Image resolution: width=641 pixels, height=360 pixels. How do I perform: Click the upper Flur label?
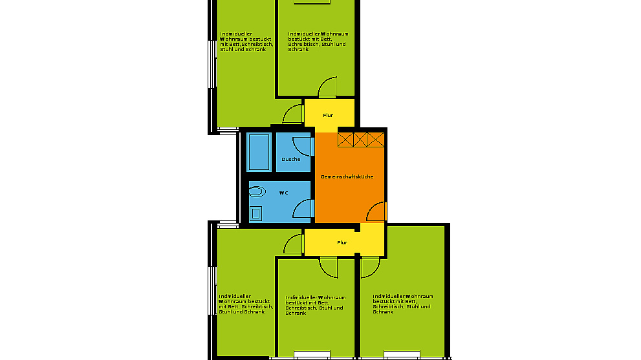[328, 115]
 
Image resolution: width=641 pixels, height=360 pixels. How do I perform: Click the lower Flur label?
[342, 242]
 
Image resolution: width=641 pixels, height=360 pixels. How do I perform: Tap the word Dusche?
[290, 159]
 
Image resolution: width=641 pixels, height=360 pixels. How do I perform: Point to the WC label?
[284, 193]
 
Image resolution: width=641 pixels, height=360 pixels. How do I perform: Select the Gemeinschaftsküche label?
[347, 176]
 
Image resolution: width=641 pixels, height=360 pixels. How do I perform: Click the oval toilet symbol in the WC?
[257, 191]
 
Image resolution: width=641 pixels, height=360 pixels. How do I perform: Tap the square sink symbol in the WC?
[256, 213]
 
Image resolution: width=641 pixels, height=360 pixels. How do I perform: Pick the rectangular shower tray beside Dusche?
[259, 152]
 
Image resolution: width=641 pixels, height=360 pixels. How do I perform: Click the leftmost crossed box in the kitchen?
[345, 140]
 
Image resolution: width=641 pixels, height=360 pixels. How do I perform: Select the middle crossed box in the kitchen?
[360, 140]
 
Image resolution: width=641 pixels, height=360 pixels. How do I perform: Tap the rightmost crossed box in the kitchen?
[375, 140]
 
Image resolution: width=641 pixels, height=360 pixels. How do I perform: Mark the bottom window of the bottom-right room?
[402, 355]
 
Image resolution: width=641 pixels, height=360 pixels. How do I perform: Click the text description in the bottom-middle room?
[315, 305]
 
